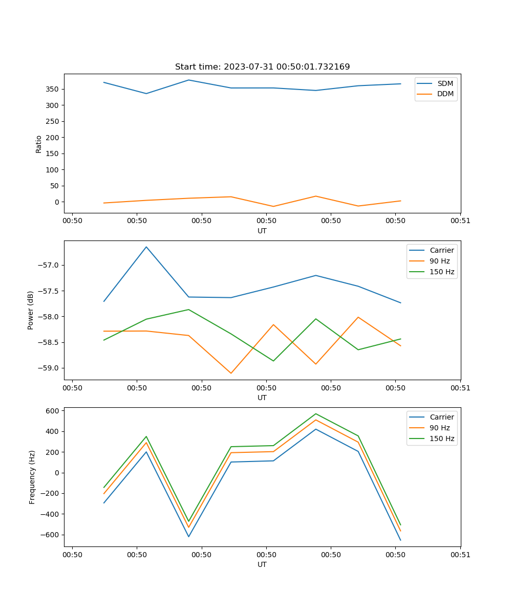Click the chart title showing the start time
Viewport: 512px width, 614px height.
click(x=262, y=67)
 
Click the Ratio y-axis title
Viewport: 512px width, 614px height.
click(x=38, y=144)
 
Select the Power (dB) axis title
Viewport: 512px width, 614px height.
click(x=31, y=310)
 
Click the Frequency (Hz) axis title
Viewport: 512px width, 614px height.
click(x=32, y=477)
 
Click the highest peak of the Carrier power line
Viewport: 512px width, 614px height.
click(x=146, y=247)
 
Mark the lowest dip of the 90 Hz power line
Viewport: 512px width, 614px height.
click(x=231, y=373)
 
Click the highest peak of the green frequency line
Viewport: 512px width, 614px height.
click(x=316, y=413)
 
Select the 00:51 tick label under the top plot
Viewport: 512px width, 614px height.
click(x=460, y=221)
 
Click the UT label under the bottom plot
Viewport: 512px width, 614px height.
click(x=262, y=564)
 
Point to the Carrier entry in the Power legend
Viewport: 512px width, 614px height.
click(x=441, y=250)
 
